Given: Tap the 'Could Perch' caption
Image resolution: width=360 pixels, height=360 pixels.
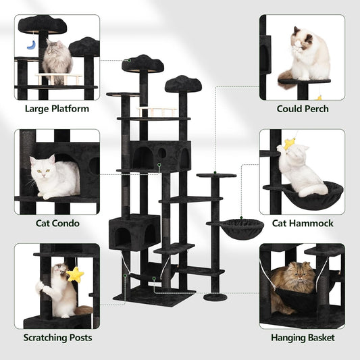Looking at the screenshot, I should (303, 108).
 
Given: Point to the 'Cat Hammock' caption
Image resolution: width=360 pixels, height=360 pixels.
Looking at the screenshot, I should (303, 223).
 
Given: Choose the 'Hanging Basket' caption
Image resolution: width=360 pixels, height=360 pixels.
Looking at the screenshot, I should (303, 337).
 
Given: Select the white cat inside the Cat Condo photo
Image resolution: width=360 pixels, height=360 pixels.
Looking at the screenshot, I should (54, 177).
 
